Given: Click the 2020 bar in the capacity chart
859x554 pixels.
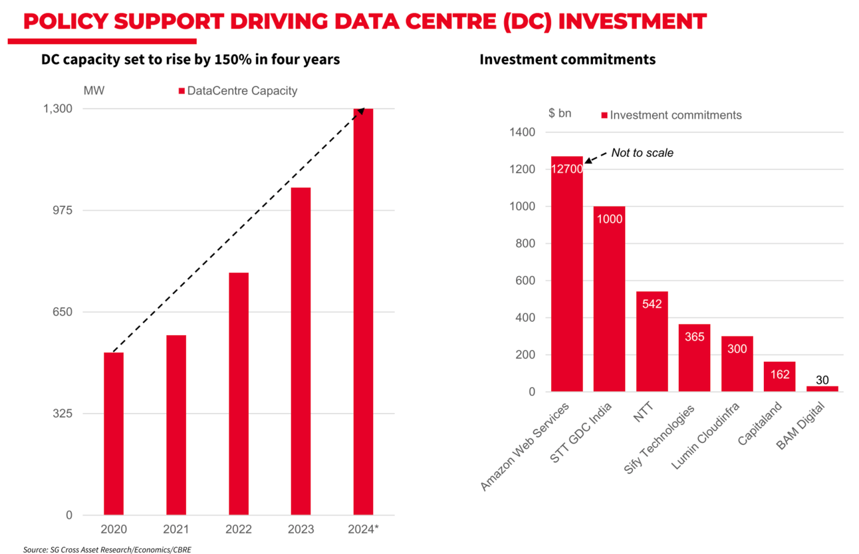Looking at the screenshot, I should [x=114, y=434].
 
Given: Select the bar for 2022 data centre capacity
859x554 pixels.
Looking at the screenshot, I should [x=239, y=394].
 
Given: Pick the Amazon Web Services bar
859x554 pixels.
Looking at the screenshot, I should [x=566, y=279].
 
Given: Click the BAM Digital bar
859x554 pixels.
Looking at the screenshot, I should [x=822, y=389].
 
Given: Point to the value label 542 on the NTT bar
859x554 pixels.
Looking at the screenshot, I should [x=652, y=304].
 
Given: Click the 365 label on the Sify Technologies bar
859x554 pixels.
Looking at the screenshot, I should [x=694, y=337].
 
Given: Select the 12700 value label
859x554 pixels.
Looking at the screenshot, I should [x=566, y=169].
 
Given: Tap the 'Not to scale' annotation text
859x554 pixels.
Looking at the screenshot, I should [x=642, y=153].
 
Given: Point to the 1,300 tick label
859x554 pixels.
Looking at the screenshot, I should [x=58, y=108].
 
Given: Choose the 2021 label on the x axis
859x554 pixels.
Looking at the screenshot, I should [x=176, y=529].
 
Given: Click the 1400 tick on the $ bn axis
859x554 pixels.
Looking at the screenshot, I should [x=523, y=132].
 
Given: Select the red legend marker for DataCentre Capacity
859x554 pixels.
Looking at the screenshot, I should [x=182, y=91].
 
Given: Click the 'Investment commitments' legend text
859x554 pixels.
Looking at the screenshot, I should [x=675, y=115].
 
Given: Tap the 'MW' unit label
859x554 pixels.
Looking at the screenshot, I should [x=94, y=90].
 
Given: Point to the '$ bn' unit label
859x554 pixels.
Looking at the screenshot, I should [x=560, y=114].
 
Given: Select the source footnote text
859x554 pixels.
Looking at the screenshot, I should [x=107, y=549].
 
